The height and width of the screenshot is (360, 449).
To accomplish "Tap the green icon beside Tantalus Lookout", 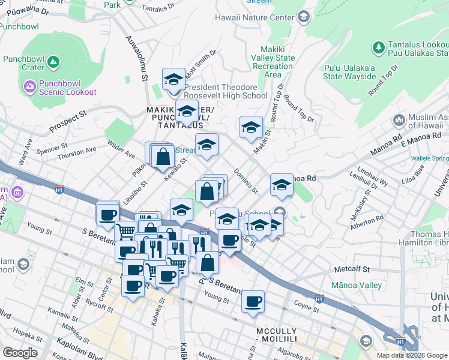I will coord(379,46).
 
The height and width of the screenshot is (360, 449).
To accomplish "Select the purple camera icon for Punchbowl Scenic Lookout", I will coord(29,88).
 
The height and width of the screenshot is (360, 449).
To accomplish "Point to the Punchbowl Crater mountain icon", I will coord(53,61).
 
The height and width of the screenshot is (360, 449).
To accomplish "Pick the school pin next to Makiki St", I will coord(251,127).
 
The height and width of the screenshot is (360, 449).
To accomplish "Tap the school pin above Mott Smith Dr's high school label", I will coord(173,79).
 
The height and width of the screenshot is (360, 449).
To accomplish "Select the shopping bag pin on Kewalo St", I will coord(163,157).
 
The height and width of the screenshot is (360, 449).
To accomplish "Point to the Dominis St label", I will coord(246,181).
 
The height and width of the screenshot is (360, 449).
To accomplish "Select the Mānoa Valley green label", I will coord(357,286).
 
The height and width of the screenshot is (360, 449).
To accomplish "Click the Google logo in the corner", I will coord(20,353).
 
